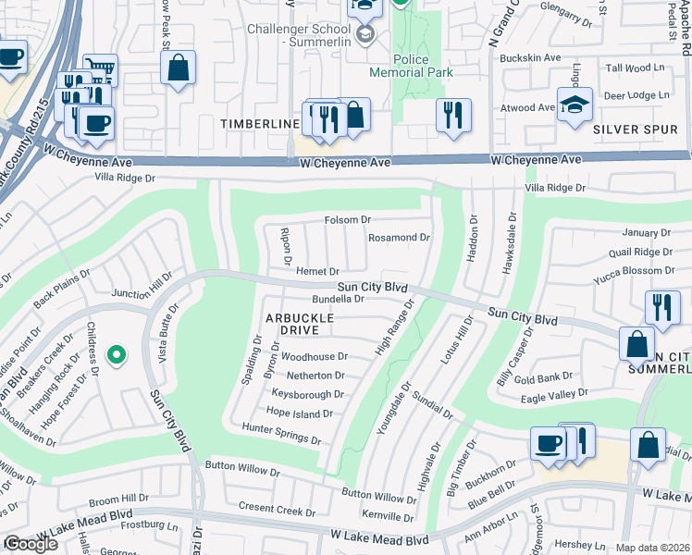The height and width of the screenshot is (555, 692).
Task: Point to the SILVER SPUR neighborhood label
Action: (x=635, y=129)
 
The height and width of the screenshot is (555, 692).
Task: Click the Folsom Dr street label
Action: (x=347, y=220)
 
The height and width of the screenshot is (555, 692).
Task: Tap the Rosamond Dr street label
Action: (x=400, y=238)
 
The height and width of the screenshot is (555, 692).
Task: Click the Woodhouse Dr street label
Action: (x=315, y=356)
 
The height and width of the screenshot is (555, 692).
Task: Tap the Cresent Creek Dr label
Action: (x=277, y=508)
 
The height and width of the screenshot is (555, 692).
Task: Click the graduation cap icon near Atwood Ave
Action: (x=574, y=105)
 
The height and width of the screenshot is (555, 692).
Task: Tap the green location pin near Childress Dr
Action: (x=116, y=354)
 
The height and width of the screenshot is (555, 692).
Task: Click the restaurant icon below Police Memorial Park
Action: (x=451, y=115)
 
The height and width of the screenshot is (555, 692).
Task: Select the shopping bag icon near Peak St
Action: (x=177, y=68)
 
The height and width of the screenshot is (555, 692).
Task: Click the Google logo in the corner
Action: (x=30, y=544)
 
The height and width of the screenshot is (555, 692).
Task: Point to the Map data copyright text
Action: (x=652, y=548)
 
